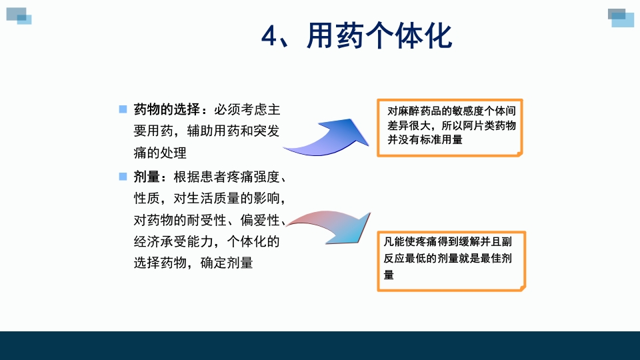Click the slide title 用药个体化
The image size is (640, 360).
pos(379,37)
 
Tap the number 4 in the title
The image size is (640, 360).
pos(269,37)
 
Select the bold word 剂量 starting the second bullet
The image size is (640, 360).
pos(147,177)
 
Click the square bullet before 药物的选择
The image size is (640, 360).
pos(123,109)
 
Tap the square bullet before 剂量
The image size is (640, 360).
pos(123,177)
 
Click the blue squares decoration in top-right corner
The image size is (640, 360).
pos(621,17)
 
